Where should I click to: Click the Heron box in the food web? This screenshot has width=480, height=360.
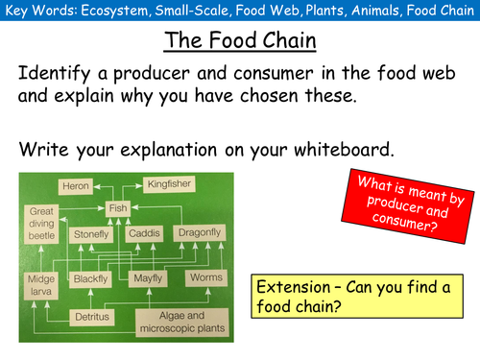click(x=75, y=184)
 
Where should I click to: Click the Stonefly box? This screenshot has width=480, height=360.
click(x=93, y=233)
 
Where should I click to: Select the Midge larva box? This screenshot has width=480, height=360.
click(x=39, y=285)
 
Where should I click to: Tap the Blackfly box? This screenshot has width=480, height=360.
click(x=93, y=278)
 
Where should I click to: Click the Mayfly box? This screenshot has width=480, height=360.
click(x=146, y=278)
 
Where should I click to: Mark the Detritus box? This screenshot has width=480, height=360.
click(x=93, y=316)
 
